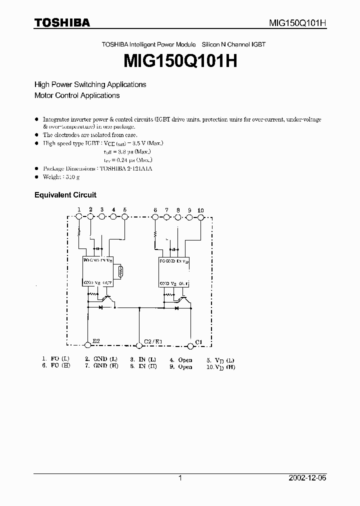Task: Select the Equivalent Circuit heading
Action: pos(65,195)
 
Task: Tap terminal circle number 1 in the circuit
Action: pos(78,216)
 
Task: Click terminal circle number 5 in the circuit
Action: pos(124,216)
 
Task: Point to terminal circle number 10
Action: pos(200,217)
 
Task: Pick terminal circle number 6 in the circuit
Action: pos(155,217)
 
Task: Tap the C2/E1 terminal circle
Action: pos(139,344)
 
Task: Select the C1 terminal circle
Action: pos(190,344)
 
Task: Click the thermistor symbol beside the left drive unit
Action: pos(120,272)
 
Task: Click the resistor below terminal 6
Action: pos(155,234)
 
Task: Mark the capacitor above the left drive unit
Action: pos(99,248)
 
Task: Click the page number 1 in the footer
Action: pos(180,478)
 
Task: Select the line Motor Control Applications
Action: pos(77,95)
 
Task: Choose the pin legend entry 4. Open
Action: pos(181,360)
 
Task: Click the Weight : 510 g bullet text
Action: pos(61,177)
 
